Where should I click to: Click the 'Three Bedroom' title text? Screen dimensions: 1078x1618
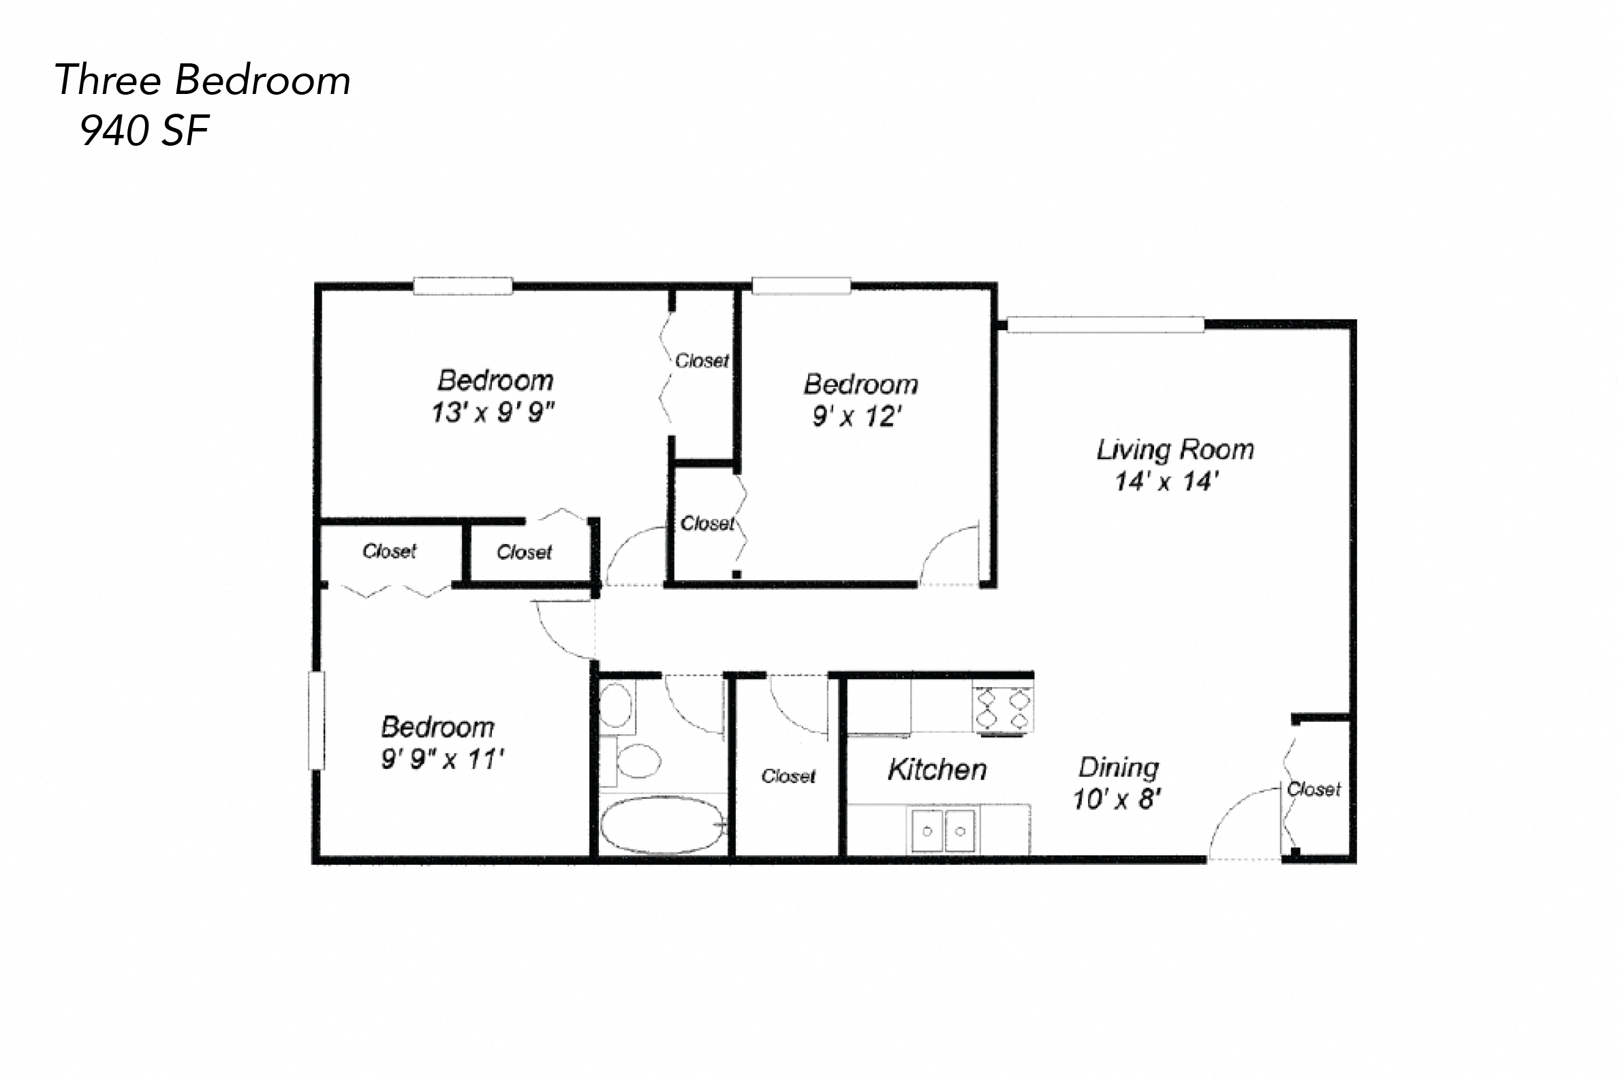click(202, 80)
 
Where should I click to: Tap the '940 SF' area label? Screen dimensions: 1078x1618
click(144, 131)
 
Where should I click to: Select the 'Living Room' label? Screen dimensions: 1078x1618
click(1174, 449)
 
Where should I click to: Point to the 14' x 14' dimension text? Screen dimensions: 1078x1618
click(1167, 481)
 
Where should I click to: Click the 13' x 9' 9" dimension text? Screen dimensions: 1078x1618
click(493, 413)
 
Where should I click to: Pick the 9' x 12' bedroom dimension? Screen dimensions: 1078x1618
click(856, 416)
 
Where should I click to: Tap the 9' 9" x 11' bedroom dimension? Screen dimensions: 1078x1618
click(442, 759)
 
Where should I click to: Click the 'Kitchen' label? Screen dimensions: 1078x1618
click(937, 770)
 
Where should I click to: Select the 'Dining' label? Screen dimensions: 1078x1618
click(1118, 767)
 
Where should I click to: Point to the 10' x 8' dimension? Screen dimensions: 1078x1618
click(1117, 799)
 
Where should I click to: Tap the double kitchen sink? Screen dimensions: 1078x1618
click(944, 831)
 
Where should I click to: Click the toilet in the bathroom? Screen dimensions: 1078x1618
click(636, 761)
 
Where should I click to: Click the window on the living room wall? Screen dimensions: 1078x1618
click(1105, 325)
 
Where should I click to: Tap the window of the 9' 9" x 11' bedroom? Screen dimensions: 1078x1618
click(316, 719)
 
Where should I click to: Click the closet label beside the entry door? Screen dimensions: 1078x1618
click(1313, 789)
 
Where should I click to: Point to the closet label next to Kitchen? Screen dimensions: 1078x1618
click(788, 776)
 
